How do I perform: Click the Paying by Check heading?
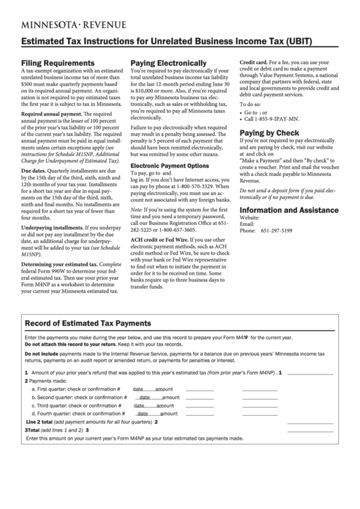(x=269, y=133)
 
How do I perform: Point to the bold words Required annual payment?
(x=50, y=115)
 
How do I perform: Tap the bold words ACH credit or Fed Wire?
(x=159, y=240)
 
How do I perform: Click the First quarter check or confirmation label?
(x=76, y=389)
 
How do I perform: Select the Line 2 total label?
(x=41, y=421)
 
